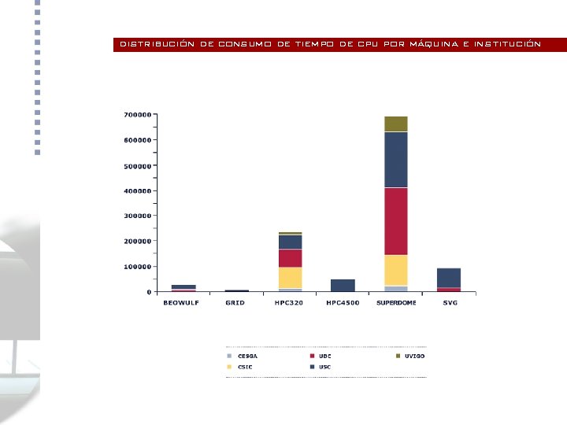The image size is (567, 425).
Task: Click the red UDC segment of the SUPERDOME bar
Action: point(396,221)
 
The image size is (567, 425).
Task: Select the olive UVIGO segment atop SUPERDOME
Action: point(396,124)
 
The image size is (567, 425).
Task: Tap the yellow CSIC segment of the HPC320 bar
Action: point(290,278)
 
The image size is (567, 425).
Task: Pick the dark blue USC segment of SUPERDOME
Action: point(396,160)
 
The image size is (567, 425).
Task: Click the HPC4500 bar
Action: point(343,285)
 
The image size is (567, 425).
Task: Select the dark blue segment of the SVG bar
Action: point(449,278)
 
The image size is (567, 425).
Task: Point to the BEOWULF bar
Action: point(183,288)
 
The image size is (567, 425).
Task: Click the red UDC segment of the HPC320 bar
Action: point(290,258)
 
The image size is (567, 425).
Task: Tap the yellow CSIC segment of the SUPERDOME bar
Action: point(396,270)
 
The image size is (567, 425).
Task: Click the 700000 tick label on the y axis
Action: point(137,115)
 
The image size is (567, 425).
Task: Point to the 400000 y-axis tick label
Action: point(137,190)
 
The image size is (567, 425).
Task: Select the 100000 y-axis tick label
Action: point(137,267)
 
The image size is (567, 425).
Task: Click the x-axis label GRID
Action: point(235,303)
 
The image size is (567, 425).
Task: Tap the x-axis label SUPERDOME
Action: point(396,303)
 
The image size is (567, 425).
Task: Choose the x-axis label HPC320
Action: point(289,303)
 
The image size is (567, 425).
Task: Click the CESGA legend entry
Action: point(247,356)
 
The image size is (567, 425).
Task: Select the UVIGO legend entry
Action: point(414,356)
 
